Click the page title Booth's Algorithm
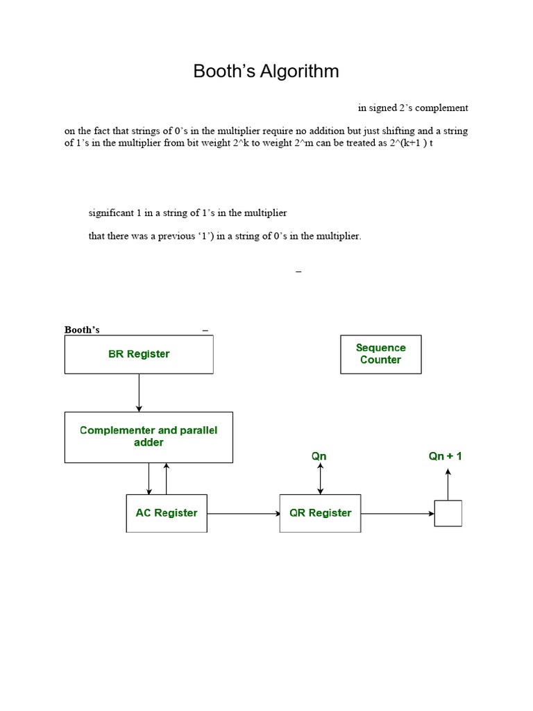point(266,71)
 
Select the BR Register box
point(139,354)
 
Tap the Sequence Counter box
point(380,354)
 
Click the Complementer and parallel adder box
point(149,437)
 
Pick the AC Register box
point(167,513)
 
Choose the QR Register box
point(320,513)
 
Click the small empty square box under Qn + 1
point(448,513)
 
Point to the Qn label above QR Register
point(319,456)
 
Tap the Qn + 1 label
point(445,456)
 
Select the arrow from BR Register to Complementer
point(139,392)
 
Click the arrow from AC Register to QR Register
point(243,514)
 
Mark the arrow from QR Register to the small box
point(397,514)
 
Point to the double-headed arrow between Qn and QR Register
point(320,479)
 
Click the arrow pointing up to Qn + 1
point(448,485)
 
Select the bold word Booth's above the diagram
point(82,330)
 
